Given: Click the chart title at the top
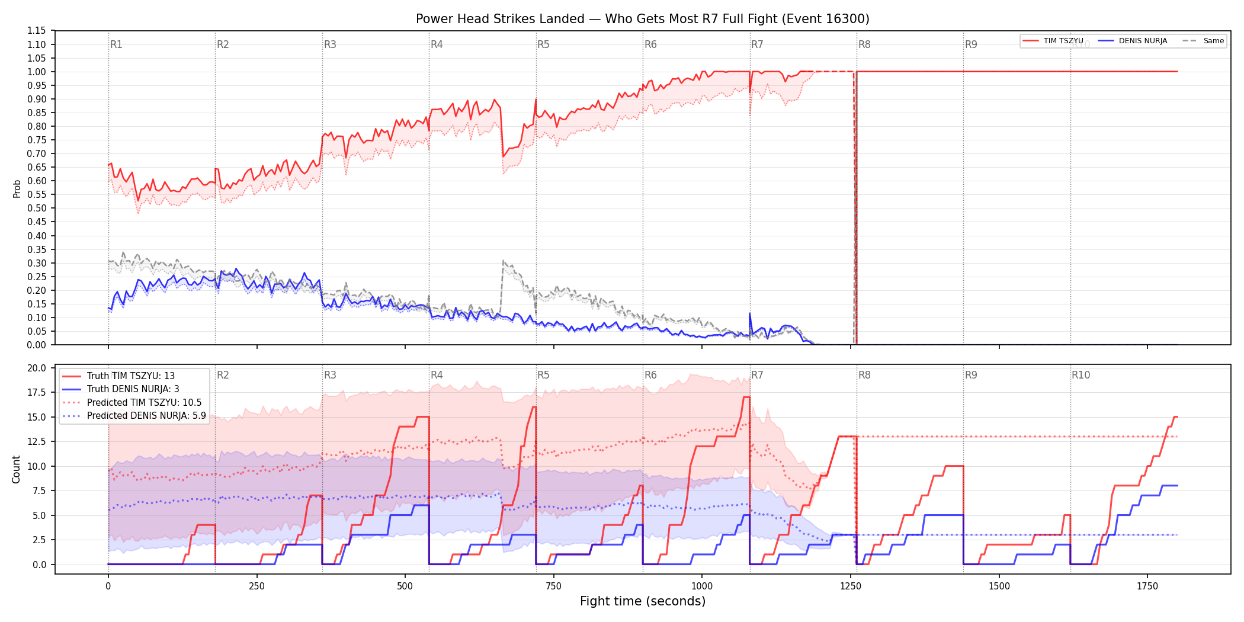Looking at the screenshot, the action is [643, 19].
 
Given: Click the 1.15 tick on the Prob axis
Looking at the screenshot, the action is [36, 31].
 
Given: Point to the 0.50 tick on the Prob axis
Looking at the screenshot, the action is [36, 209].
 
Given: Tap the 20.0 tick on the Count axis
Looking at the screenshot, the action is [36, 368].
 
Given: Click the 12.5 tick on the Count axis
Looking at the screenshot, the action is [36, 442].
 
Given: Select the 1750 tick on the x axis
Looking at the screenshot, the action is [1147, 586].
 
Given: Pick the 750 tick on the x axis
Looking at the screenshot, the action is [553, 586].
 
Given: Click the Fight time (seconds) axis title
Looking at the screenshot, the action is [643, 601].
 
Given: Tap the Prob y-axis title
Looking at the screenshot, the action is [17, 188].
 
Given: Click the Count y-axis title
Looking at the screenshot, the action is [16, 469].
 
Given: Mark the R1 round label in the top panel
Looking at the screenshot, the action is [116, 44].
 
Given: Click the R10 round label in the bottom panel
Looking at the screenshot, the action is [1081, 375].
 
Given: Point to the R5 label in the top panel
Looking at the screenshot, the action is [543, 44].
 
